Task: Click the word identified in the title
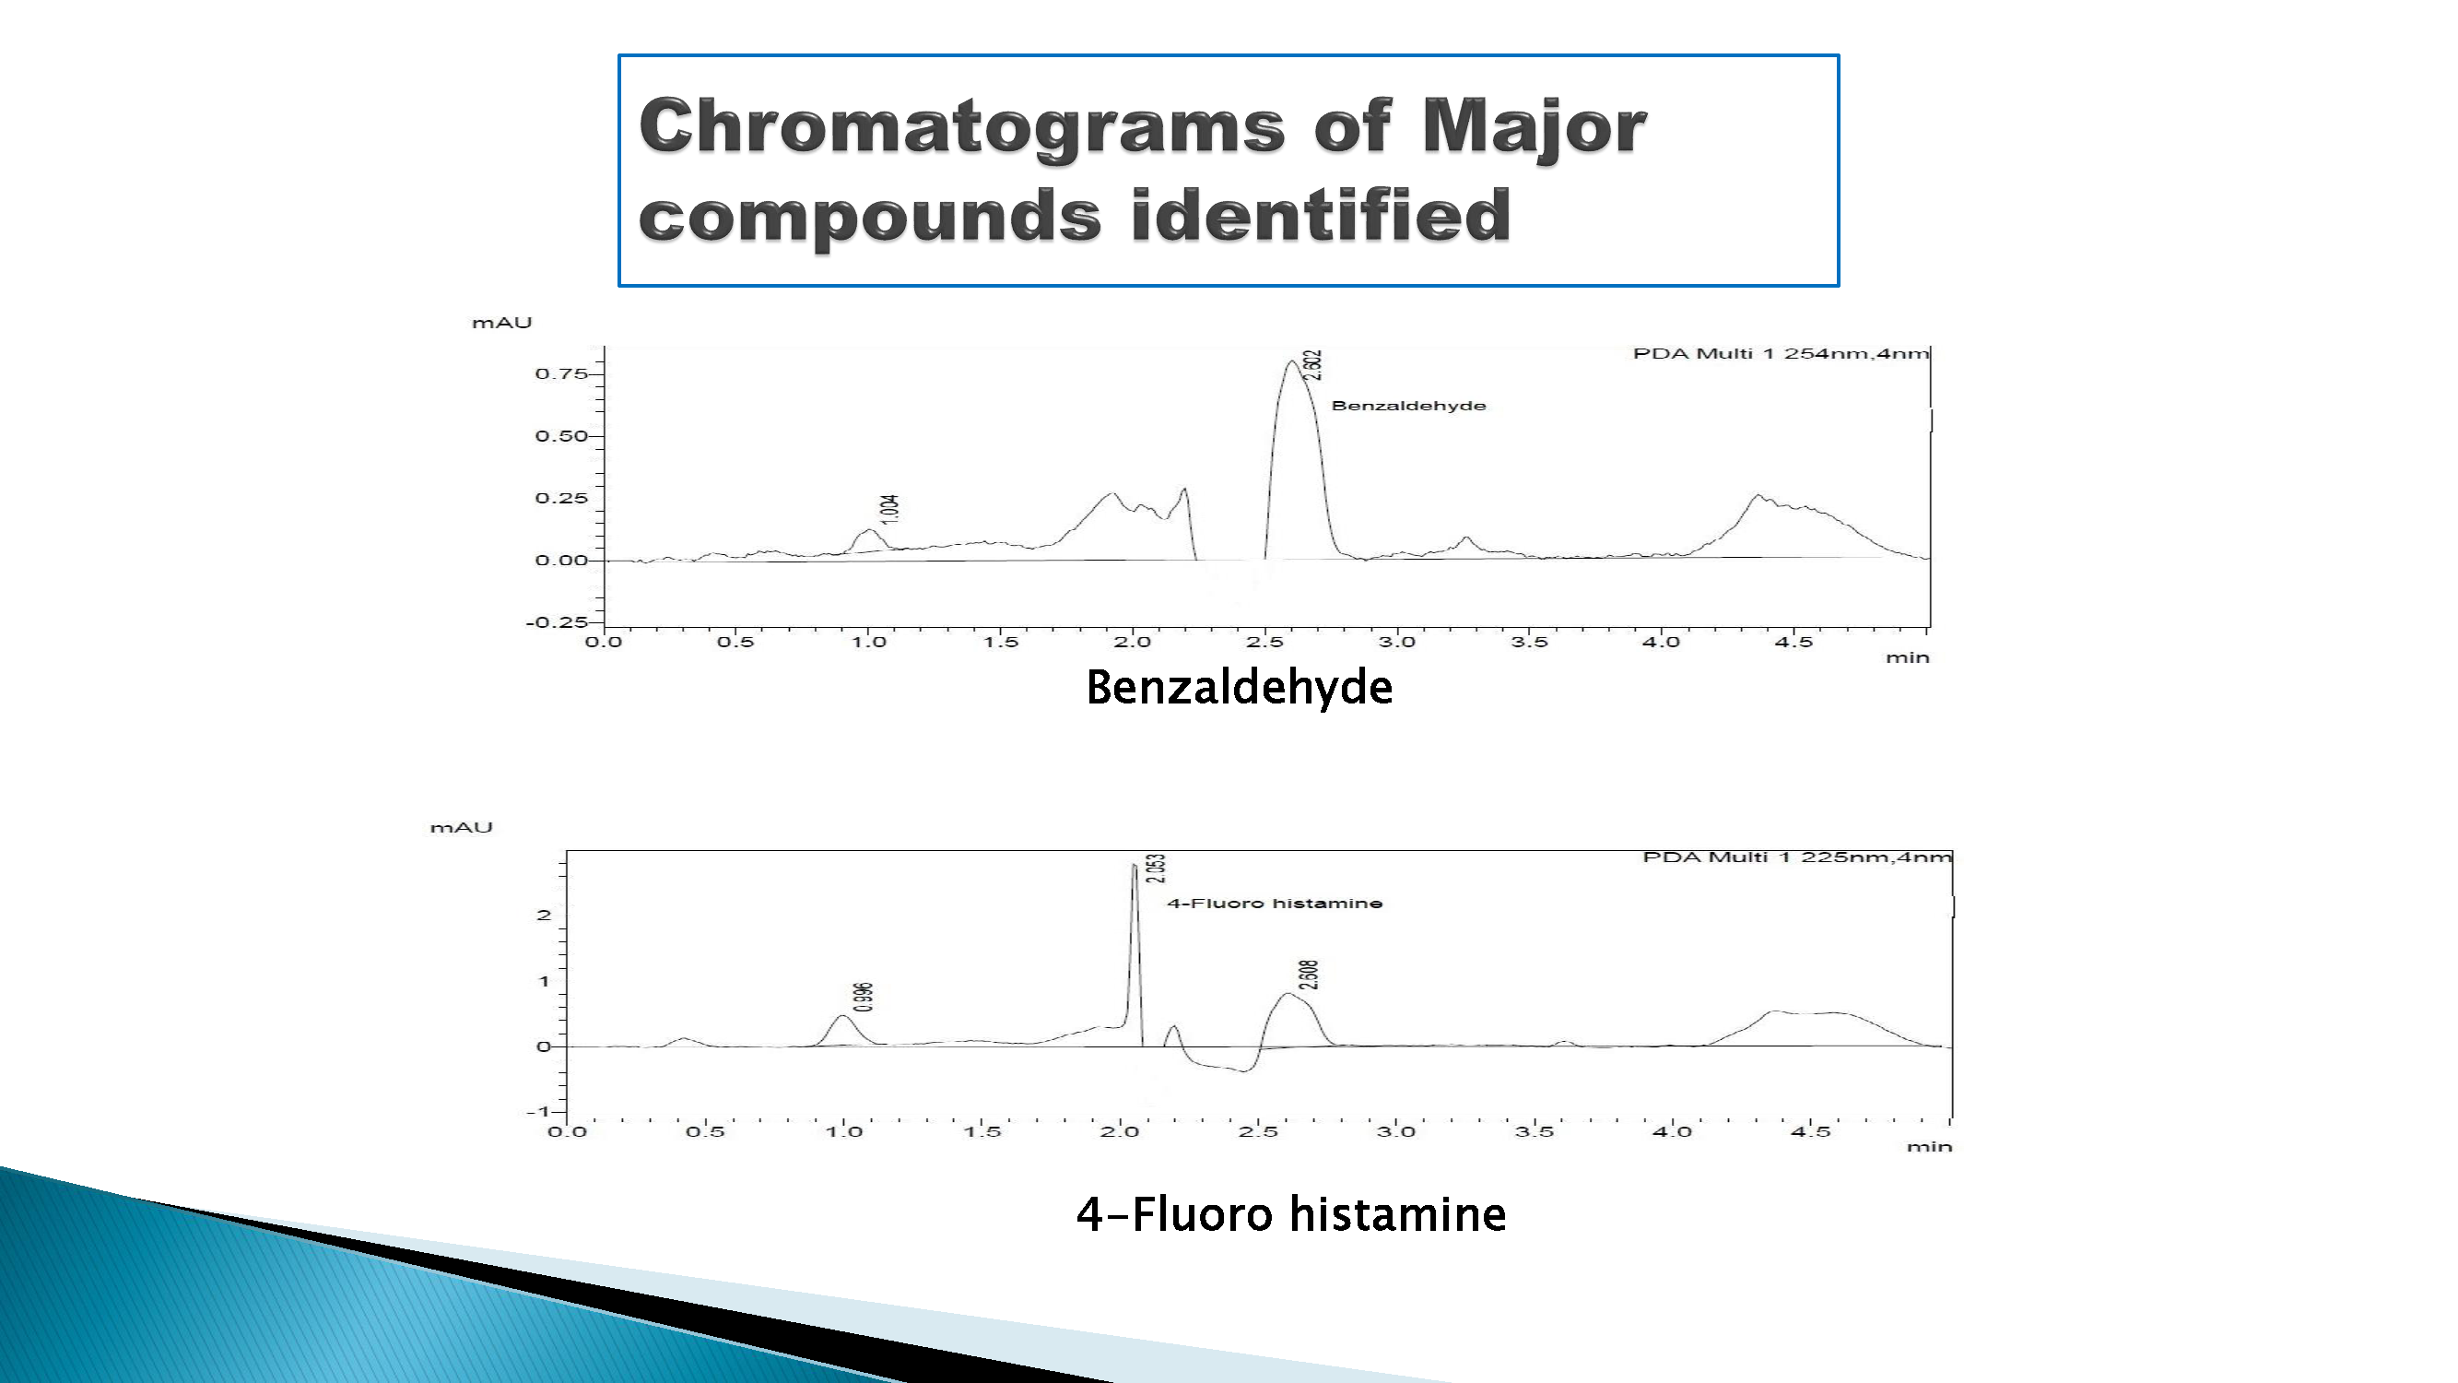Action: [1321, 215]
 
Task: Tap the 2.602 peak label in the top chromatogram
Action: [1314, 364]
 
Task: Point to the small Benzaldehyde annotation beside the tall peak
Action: [1408, 406]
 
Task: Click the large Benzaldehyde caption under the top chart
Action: [1240, 687]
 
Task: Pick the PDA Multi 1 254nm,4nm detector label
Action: [1781, 353]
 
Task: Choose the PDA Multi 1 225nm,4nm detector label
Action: [1797, 857]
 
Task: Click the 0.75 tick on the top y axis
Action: [561, 373]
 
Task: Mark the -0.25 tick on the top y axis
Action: [558, 622]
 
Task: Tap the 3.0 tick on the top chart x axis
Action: [1397, 643]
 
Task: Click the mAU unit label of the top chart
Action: [502, 323]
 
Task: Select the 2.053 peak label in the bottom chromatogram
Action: [1157, 869]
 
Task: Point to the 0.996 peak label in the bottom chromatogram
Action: [864, 997]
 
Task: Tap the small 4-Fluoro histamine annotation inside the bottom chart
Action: [1275, 903]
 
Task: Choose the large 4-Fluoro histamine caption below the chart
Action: [1291, 1214]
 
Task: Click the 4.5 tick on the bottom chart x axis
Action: [1810, 1132]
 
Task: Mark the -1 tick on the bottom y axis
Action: [538, 1112]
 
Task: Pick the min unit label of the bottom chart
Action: [1929, 1146]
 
